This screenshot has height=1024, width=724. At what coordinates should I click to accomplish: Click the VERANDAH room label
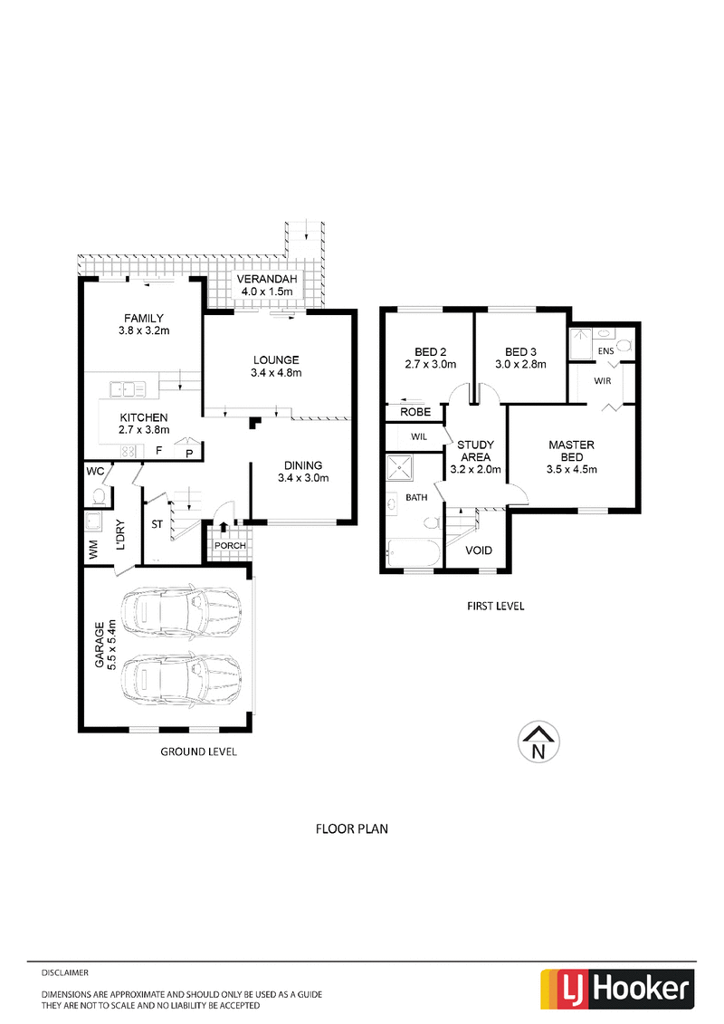click(266, 279)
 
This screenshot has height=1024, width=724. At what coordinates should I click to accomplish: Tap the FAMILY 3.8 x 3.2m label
click(144, 324)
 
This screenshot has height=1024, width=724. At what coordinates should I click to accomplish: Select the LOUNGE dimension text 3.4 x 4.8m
click(276, 373)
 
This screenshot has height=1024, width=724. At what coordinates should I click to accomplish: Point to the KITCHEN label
click(144, 417)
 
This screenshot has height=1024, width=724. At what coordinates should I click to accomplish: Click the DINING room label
click(303, 465)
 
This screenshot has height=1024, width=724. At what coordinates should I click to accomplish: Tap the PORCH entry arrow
click(224, 526)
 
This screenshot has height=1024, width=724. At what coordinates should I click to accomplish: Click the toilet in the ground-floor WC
click(100, 498)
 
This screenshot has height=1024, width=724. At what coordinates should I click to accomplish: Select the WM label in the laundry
click(92, 550)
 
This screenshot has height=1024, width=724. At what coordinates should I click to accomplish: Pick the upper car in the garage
click(181, 611)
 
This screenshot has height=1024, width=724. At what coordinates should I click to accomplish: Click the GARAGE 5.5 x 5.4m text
click(104, 645)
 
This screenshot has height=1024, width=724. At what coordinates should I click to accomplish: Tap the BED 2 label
click(430, 352)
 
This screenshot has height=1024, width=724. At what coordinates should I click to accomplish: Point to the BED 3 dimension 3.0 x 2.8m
click(520, 364)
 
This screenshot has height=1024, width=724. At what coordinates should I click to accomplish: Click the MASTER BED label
click(571, 451)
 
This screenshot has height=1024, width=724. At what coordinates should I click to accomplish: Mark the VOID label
click(479, 550)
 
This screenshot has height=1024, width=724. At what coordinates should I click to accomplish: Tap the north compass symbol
click(538, 742)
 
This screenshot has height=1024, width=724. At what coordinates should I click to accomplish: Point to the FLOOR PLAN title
click(352, 828)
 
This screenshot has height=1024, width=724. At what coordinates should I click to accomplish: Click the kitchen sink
click(128, 389)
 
